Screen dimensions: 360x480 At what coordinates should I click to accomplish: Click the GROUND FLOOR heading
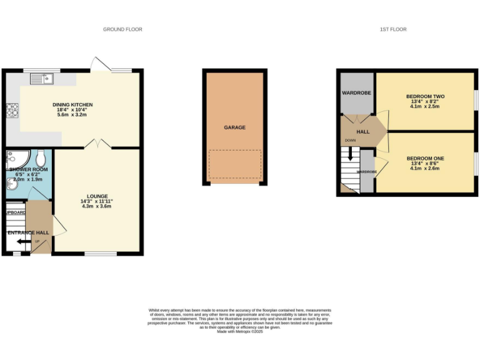tap(122, 29)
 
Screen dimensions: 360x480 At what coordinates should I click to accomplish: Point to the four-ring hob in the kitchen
tap(12, 110)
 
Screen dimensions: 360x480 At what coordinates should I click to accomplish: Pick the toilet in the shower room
tap(40, 157)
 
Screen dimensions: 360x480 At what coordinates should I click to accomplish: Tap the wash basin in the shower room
tap(12, 183)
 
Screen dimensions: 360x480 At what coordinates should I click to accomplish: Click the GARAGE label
tap(235, 127)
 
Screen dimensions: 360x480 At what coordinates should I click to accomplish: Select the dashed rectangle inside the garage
tap(235, 165)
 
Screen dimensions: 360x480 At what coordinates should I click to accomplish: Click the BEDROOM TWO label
tap(425, 96)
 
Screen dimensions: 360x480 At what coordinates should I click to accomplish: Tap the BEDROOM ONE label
tap(425, 159)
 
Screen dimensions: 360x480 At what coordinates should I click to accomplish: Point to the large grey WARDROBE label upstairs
tap(356, 93)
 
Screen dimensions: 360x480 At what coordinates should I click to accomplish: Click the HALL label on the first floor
tap(363, 132)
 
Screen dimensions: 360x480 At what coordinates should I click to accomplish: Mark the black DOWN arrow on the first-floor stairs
tap(350, 152)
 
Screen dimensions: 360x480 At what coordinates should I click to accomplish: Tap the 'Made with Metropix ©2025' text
tap(240, 332)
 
